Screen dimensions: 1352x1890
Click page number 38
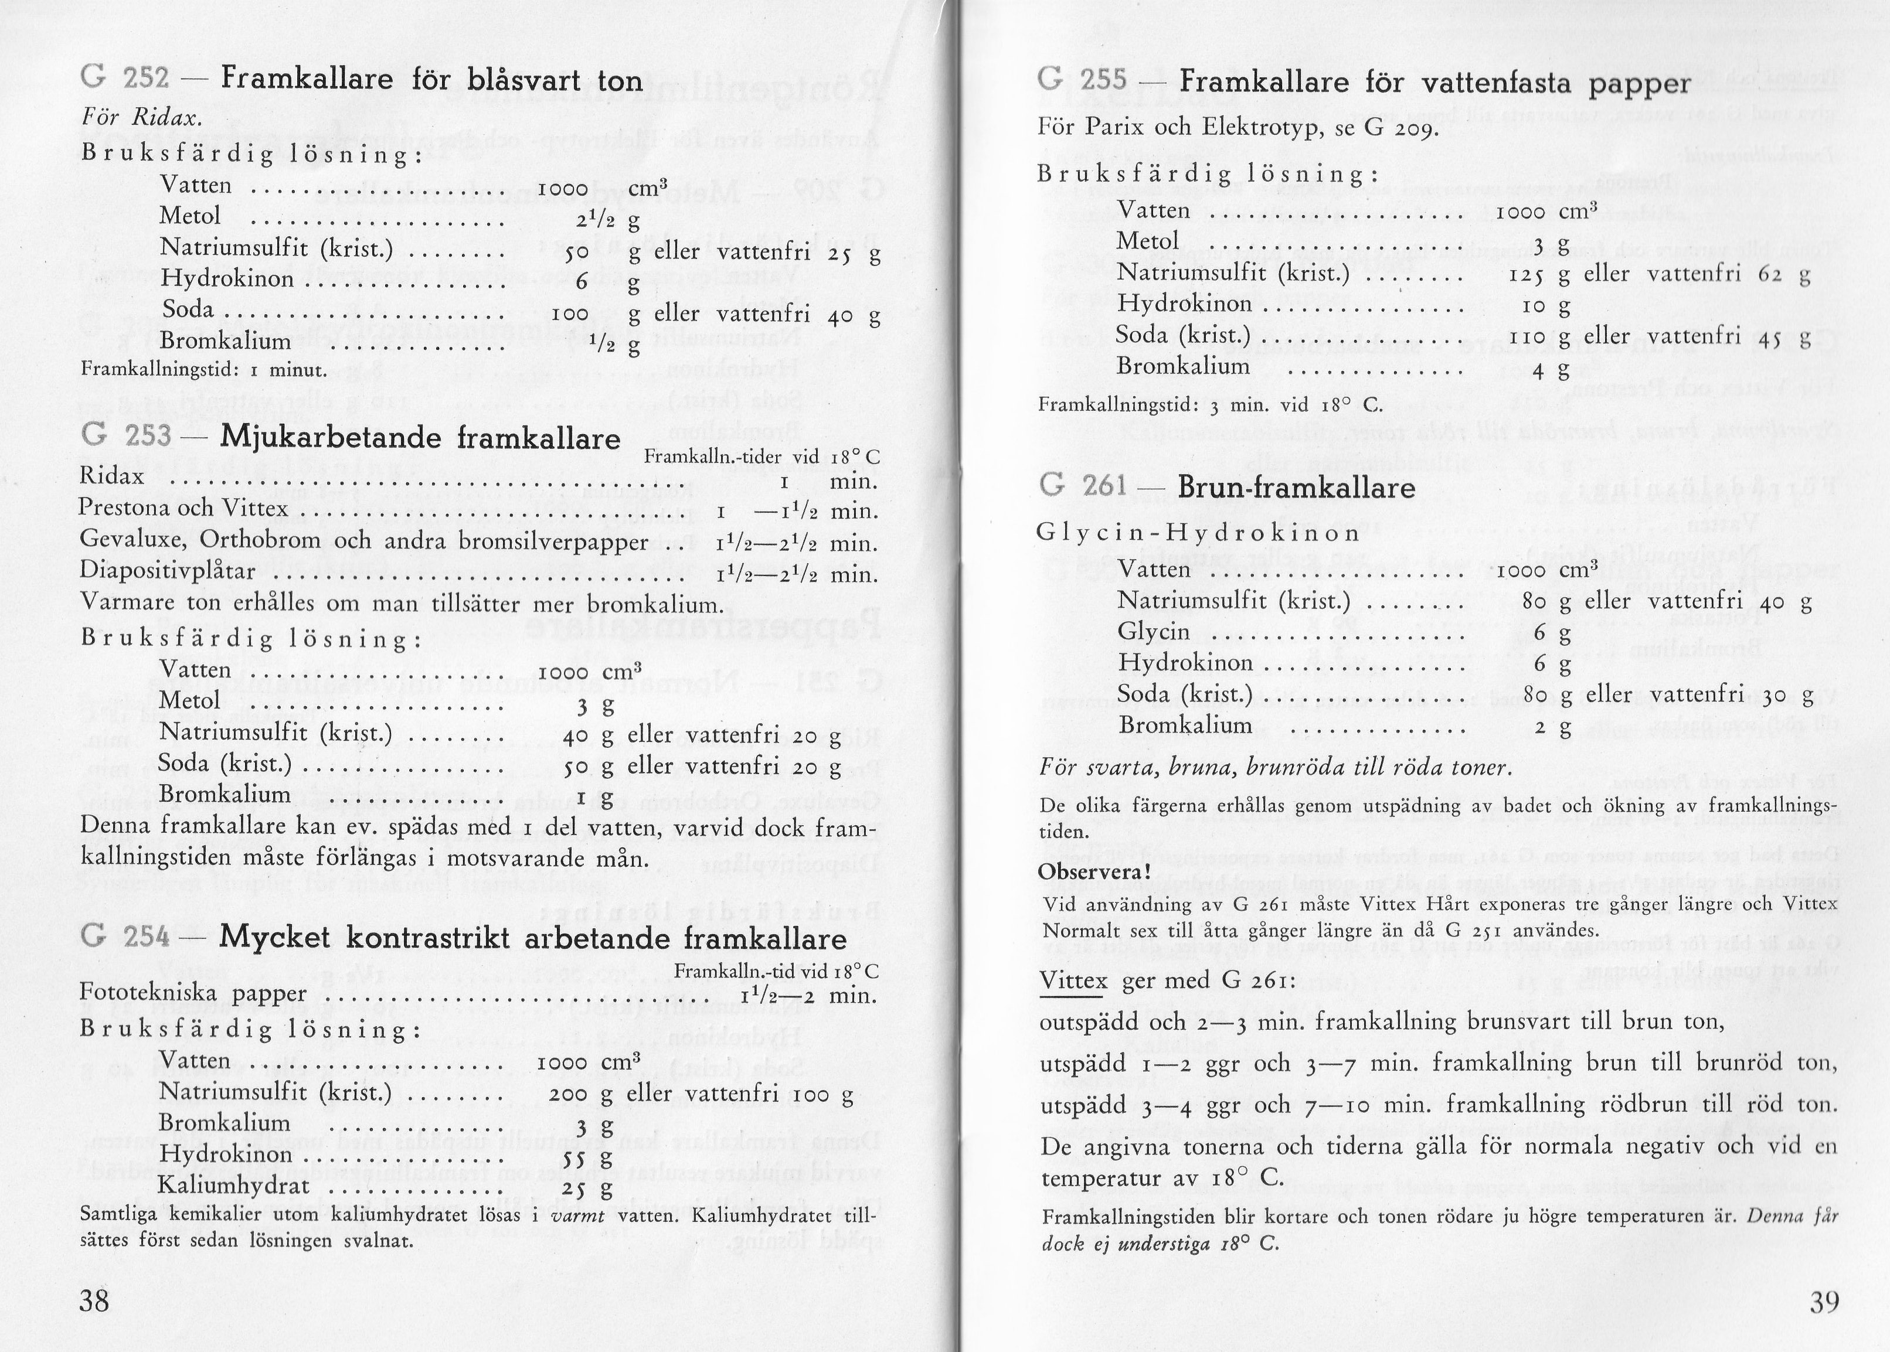click(94, 1301)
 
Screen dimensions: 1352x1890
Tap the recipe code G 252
click(125, 79)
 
